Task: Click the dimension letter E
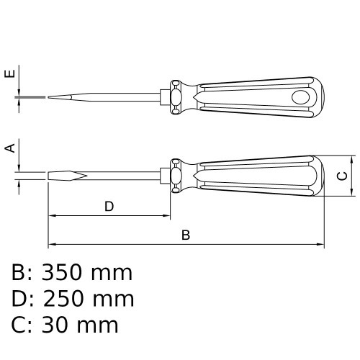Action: tap(10, 73)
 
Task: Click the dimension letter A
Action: tap(10, 148)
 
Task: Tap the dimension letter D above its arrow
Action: tap(109, 207)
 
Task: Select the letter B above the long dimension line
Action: tap(186, 235)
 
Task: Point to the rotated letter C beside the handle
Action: tap(342, 176)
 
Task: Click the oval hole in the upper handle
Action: tap(300, 97)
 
